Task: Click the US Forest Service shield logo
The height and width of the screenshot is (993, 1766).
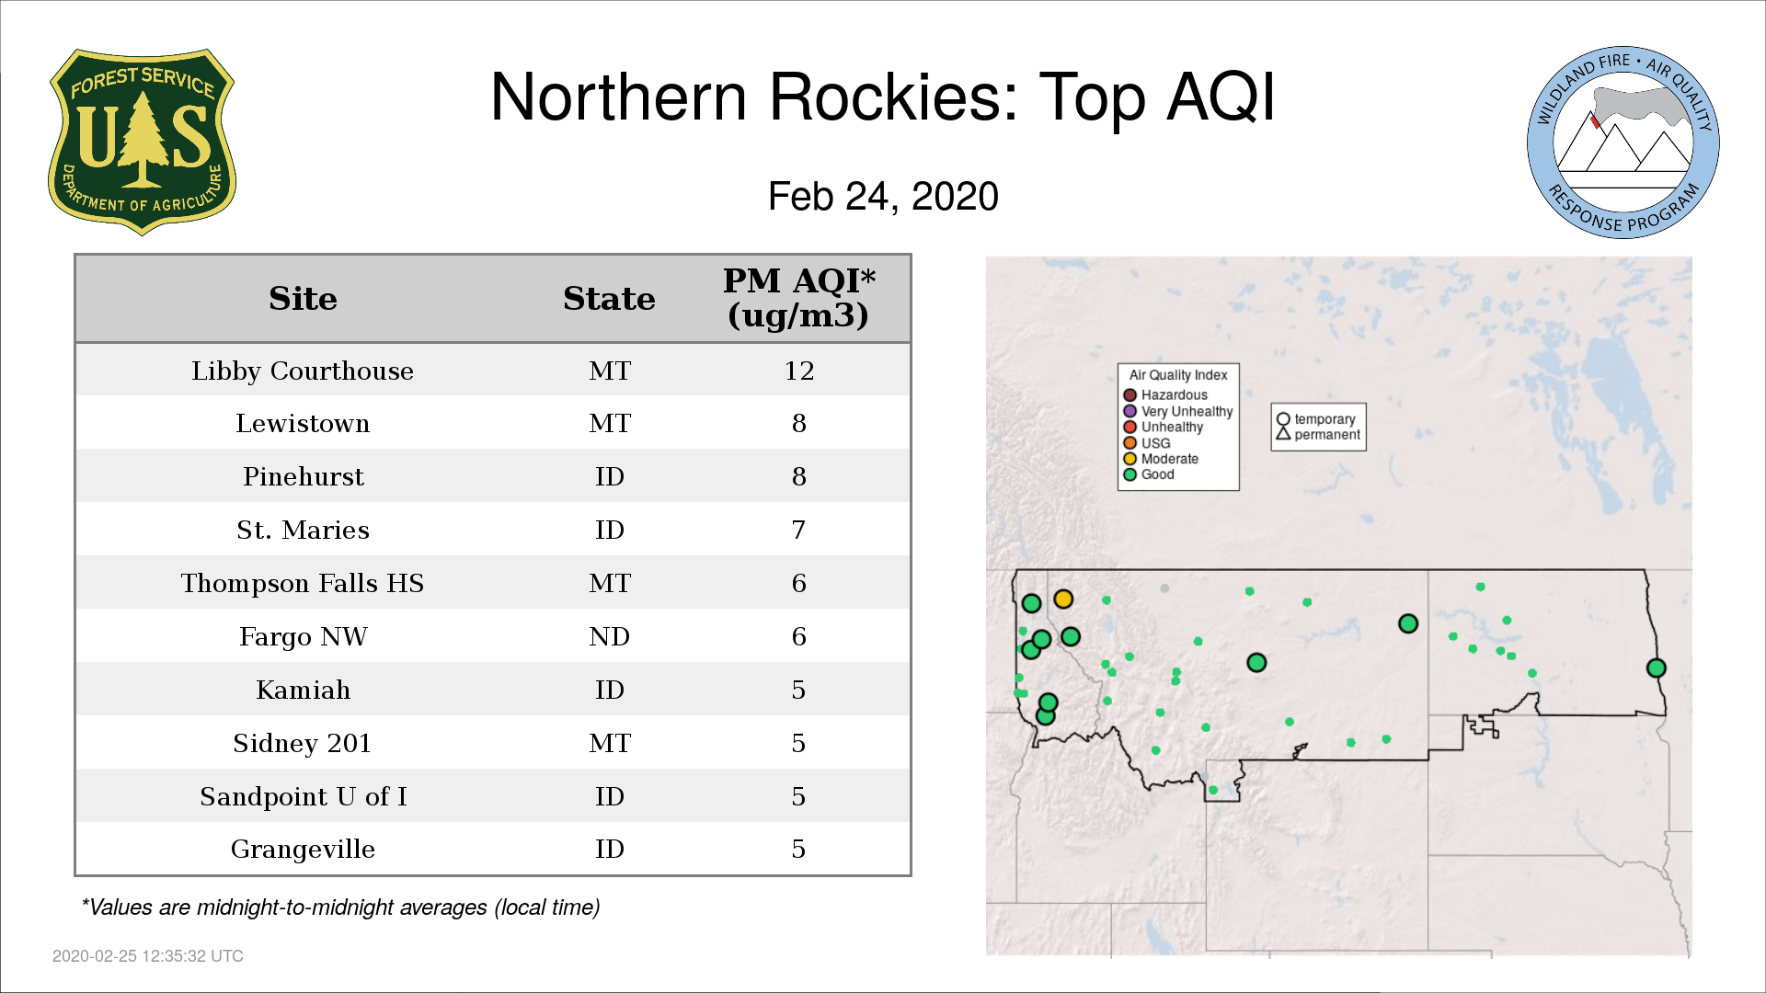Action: [x=142, y=143]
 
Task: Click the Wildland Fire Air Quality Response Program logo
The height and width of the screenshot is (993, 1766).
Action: [x=1623, y=143]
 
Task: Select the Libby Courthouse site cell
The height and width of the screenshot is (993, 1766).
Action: [x=303, y=371]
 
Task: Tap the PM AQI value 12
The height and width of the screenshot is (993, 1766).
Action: [x=798, y=371]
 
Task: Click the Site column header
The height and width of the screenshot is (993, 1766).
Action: [x=303, y=298]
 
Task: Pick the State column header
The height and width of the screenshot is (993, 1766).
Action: [x=609, y=298]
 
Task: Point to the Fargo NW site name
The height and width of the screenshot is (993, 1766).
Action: [x=303, y=636]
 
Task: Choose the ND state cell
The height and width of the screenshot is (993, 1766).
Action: [x=609, y=636]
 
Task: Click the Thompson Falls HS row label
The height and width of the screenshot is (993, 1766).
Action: [x=303, y=583]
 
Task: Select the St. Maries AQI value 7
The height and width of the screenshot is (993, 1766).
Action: [x=798, y=530]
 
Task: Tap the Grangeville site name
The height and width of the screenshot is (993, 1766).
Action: [x=303, y=849]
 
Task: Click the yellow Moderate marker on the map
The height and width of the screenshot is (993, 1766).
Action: [x=1063, y=599]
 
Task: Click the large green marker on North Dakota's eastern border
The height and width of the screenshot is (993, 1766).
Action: [x=1656, y=668]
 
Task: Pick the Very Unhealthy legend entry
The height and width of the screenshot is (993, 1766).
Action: [x=1178, y=411]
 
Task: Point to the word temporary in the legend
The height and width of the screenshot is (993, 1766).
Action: [x=1324, y=419]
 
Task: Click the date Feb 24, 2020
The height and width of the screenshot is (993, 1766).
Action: [x=883, y=197]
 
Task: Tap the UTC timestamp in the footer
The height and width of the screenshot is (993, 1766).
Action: [x=148, y=956]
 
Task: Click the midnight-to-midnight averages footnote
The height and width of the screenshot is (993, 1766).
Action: [x=340, y=907]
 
